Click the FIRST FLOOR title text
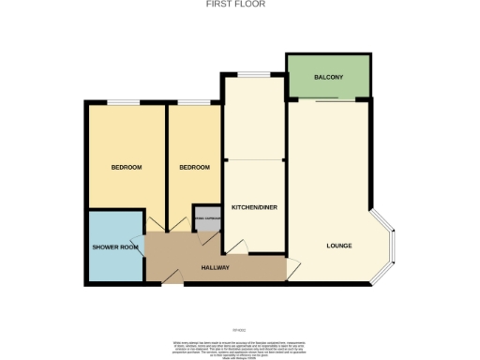[234, 5]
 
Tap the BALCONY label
[326, 76]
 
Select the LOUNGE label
[338, 246]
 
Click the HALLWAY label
[216, 268]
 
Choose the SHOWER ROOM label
[115, 247]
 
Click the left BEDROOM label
[127, 167]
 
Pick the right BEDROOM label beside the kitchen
[194, 167]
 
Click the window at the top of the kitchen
[253, 75]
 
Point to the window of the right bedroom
[194, 101]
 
